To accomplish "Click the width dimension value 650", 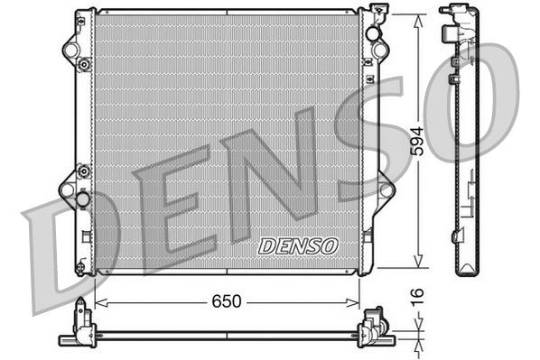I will (x=227, y=301).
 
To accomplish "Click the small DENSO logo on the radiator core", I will (x=297, y=245).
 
